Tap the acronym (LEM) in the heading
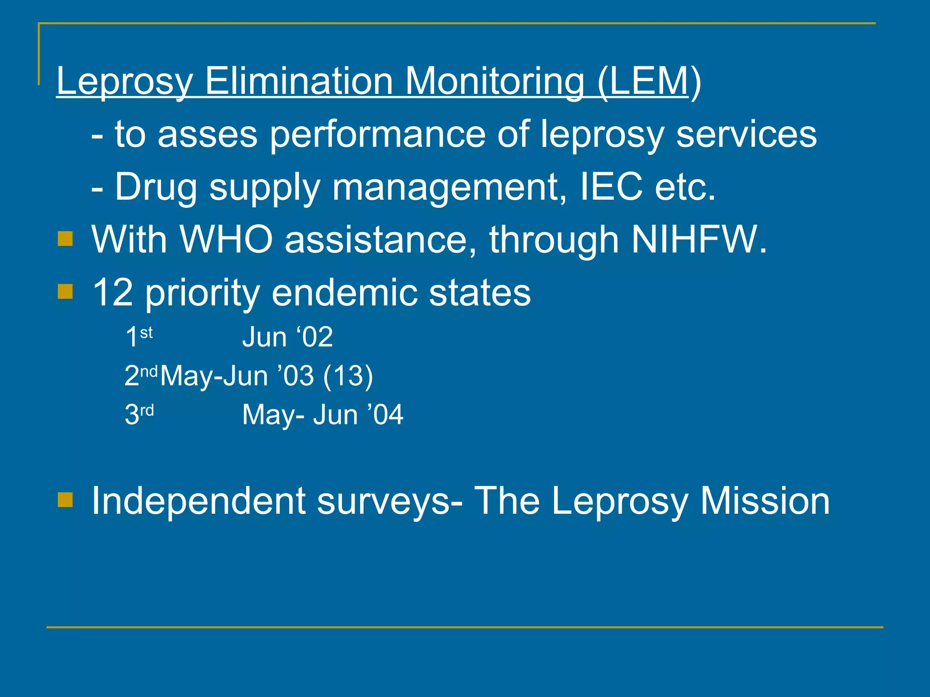(649, 82)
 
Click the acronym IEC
(611, 187)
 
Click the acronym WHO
(226, 239)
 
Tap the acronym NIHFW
(698, 239)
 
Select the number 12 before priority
(113, 293)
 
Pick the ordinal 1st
(139, 337)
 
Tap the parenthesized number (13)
(348, 376)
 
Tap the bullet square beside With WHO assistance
(65, 239)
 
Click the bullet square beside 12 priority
(65, 291)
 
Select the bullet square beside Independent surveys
(65, 500)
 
